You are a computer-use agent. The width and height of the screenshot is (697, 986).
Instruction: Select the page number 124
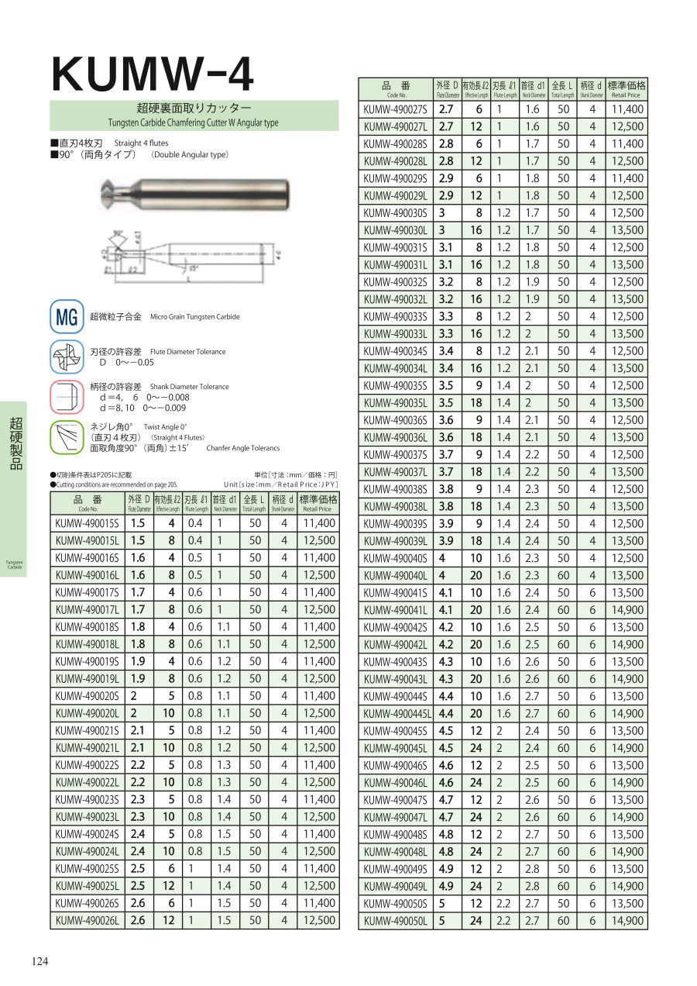click(40, 961)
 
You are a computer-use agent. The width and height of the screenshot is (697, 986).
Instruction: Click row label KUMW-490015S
click(88, 523)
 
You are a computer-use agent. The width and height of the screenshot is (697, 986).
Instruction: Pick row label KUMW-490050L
click(395, 921)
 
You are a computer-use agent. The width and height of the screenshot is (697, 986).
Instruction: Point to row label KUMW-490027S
click(395, 109)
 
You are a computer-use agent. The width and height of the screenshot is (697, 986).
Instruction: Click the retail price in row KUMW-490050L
click(627, 921)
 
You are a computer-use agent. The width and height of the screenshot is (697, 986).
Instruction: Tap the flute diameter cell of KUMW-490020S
click(139, 696)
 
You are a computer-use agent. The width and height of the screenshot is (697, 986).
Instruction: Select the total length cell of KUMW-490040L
click(563, 576)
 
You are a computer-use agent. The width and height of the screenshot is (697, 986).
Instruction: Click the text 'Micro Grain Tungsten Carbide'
click(194, 317)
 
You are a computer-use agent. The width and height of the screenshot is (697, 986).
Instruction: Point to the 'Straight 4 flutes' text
click(141, 143)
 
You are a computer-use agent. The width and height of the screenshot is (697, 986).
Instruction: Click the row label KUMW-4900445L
click(397, 714)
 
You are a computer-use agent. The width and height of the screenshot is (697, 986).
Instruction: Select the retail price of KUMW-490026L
click(318, 921)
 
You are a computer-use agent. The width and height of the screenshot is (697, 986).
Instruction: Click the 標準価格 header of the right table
click(627, 88)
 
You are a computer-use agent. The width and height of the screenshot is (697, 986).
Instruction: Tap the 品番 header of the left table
click(88, 503)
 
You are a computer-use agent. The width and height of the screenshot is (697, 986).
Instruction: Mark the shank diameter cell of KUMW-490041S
click(592, 593)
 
